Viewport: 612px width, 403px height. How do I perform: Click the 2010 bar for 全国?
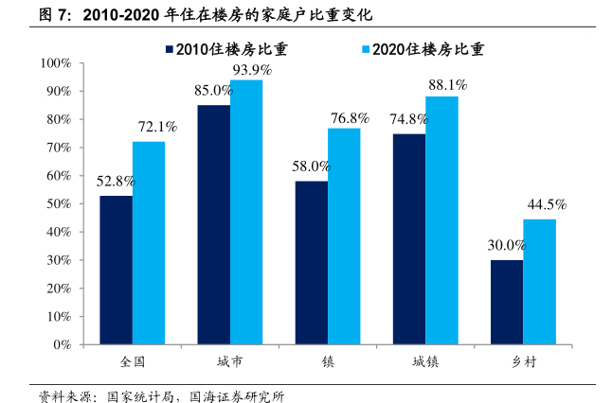coord(116,270)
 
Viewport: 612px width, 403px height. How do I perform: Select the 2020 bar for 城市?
coord(246,213)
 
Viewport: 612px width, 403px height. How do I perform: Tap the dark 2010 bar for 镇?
coord(312,263)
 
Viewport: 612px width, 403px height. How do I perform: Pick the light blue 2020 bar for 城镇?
coord(441,220)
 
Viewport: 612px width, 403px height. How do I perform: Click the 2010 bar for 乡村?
coord(507,303)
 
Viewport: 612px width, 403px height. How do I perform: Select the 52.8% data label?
coord(116,181)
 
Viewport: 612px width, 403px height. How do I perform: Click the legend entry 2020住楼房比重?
coord(422,50)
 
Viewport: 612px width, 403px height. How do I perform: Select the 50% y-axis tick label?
coord(60,204)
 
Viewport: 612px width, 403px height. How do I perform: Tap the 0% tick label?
coord(63,345)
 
